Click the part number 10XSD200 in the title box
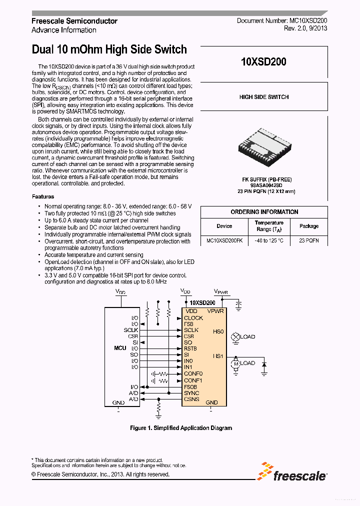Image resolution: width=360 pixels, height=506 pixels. [263, 62]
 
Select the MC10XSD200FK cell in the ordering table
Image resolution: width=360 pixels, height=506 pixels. [224, 240]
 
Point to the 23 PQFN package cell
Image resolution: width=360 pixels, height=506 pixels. [308, 240]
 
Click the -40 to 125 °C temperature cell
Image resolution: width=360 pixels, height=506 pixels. [269, 240]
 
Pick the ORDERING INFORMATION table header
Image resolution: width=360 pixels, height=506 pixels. [264, 212]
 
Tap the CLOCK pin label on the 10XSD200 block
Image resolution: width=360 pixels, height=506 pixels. [193, 318]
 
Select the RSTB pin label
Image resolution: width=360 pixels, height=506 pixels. [190, 348]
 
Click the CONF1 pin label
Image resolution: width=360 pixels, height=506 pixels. [193, 380]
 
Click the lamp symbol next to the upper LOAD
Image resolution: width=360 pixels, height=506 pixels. [235, 337]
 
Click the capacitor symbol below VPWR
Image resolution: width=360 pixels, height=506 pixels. [239, 304]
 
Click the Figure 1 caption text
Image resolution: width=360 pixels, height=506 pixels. [180, 428]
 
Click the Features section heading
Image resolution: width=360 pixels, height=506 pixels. [43, 196]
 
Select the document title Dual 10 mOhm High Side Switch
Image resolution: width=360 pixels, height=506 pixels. [109, 49]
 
